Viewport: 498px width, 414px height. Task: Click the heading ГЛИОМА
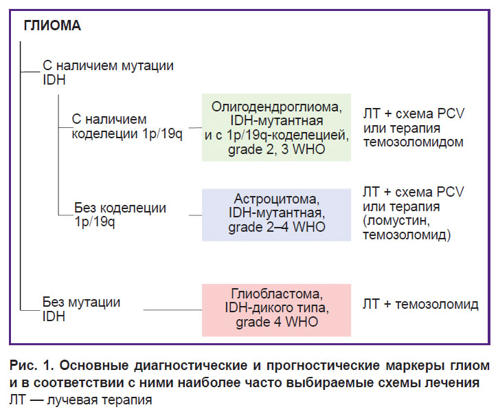pyautogui.click(x=52, y=25)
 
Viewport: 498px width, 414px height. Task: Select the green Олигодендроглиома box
pyautogui.click(x=276, y=127)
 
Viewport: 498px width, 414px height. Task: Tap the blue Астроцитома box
pyautogui.click(x=276, y=215)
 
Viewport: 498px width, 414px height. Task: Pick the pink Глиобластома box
pyautogui.click(x=276, y=310)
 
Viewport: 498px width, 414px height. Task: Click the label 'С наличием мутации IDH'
pyautogui.click(x=109, y=72)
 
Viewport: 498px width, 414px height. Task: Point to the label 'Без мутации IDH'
pyautogui.click(x=81, y=309)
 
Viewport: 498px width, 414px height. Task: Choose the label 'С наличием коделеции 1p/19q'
pyautogui.click(x=127, y=127)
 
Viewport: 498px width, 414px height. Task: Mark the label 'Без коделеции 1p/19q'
pyautogui.click(x=120, y=215)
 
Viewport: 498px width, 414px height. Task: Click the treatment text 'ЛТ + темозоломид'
pyautogui.click(x=420, y=304)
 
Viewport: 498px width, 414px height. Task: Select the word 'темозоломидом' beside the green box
pyautogui.click(x=414, y=142)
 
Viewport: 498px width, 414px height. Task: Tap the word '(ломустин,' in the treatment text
pyautogui.click(x=396, y=221)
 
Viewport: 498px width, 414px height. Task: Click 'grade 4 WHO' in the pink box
pyautogui.click(x=277, y=322)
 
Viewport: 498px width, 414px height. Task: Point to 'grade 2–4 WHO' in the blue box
pyautogui.click(x=277, y=227)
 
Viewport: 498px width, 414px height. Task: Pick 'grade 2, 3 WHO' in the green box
pyautogui.click(x=277, y=149)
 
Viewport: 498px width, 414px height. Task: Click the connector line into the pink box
pyautogui.click(x=172, y=309)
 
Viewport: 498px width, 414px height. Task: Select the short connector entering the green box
pyautogui.click(x=195, y=128)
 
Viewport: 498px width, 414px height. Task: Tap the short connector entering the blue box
pyautogui.click(x=195, y=215)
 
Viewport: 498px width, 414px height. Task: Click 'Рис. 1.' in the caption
pyautogui.click(x=32, y=365)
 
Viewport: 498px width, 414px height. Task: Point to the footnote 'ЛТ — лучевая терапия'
pyautogui.click(x=80, y=400)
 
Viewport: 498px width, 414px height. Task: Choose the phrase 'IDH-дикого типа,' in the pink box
pyautogui.click(x=277, y=307)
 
